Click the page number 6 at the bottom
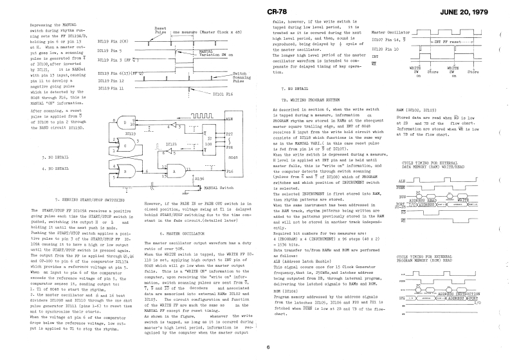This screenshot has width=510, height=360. [x=268, y=348]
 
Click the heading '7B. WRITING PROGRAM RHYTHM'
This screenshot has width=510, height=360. [x=312, y=102]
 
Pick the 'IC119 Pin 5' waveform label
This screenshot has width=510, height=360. [x=109, y=50]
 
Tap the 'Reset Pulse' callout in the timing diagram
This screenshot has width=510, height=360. [x=161, y=30]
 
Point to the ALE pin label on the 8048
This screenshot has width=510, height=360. [x=230, y=120]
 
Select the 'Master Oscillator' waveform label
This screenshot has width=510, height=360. [x=390, y=32]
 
